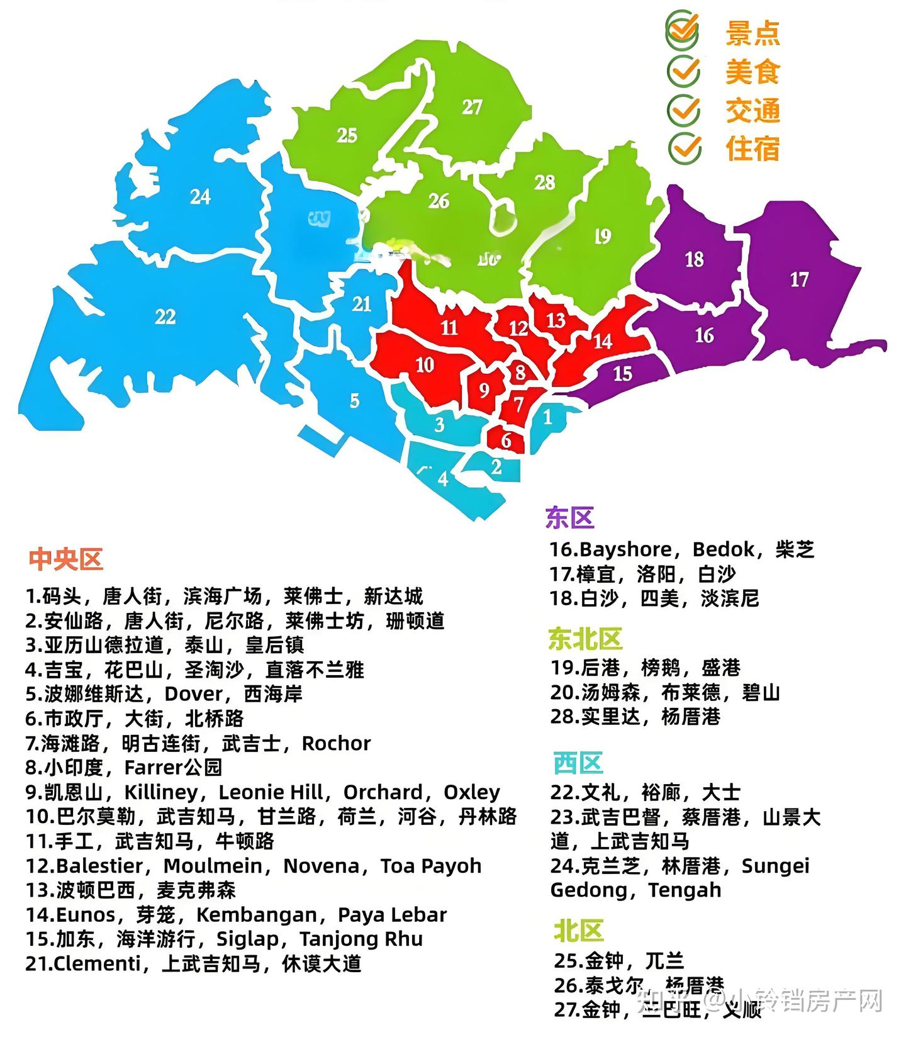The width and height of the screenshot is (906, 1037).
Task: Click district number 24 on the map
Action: click(x=200, y=197)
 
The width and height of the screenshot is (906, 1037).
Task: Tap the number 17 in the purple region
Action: click(x=799, y=279)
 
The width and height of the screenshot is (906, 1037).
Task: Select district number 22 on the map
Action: click(x=165, y=316)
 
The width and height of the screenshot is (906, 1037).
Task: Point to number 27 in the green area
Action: click(x=472, y=108)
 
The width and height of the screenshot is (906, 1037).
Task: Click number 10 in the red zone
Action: click(x=425, y=364)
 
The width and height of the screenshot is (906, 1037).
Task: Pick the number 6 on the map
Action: click(x=506, y=440)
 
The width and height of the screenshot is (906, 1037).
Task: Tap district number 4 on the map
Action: click(x=443, y=479)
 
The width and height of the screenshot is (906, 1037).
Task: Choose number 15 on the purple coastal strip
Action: click(x=622, y=374)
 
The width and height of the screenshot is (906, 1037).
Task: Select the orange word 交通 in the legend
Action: click(x=752, y=111)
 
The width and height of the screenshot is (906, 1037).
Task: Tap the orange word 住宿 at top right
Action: click(x=752, y=149)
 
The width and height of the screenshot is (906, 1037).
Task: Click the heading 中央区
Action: click(x=65, y=559)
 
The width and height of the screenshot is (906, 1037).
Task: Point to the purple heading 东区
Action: click(x=569, y=518)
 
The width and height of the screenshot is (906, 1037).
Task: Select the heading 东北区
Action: click(x=585, y=639)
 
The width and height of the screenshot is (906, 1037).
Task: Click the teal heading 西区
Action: click(x=578, y=763)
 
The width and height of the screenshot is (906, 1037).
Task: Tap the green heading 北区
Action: click(x=578, y=931)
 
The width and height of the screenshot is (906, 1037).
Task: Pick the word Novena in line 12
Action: click(x=321, y=866)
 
